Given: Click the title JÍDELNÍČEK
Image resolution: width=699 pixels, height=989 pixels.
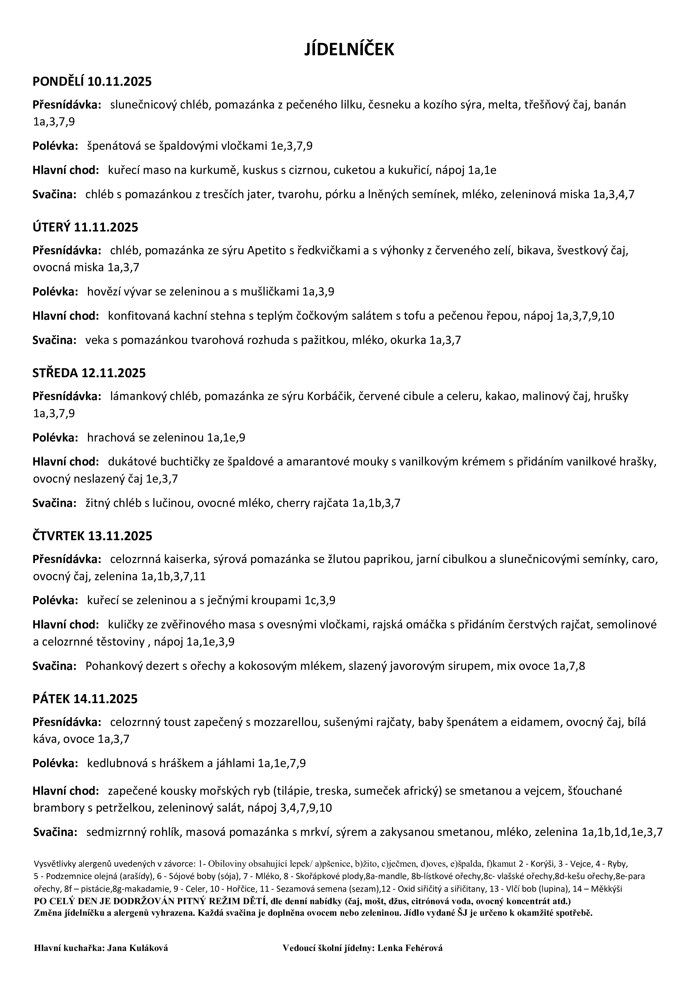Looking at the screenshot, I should point(349,50).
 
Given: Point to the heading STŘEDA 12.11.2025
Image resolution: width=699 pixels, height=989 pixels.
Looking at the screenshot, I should point(89,373).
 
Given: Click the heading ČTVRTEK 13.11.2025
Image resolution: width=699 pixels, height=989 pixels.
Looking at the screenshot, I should point(92,536).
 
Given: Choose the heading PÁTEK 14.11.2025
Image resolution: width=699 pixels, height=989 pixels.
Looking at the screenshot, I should point(85,699).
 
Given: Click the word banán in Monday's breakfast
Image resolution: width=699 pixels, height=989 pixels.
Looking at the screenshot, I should point(610,105).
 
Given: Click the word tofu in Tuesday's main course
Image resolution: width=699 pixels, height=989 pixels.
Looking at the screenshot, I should point(414,316).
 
